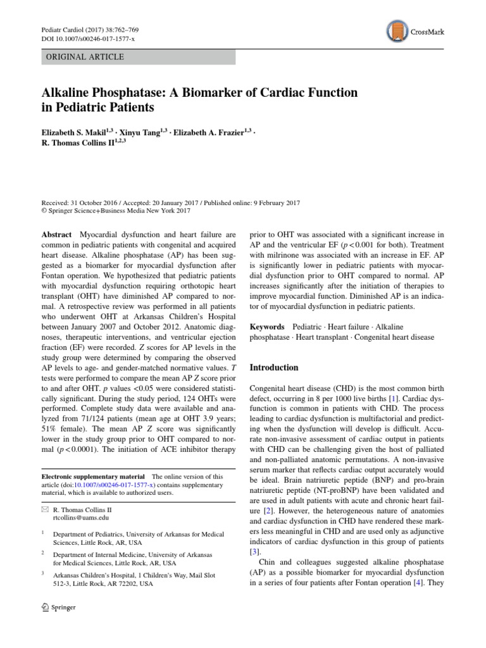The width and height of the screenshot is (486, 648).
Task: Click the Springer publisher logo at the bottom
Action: (58, 607)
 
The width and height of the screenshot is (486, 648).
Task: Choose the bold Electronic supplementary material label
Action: (92, 477)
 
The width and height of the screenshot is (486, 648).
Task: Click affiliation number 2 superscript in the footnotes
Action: (43, 553)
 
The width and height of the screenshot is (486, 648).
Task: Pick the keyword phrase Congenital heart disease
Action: (394, 337)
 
